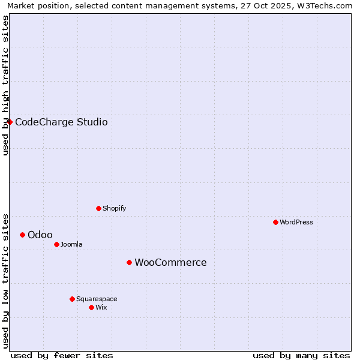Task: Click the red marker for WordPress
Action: coord(275,222)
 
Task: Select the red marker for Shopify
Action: coord(98,208)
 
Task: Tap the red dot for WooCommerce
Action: coord(129,262)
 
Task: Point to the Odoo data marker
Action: coord(22,235)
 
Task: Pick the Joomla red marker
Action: coord(56,244)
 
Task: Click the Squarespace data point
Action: coord(72,299)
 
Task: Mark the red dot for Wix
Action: coord(91,307)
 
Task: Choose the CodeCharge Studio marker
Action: coord(10,122)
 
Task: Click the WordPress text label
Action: coord(296,222)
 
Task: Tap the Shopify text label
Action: coord(115,208)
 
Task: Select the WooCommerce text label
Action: coord(170,262)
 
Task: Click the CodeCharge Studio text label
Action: coord(61,122)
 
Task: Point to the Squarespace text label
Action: coord(97,299)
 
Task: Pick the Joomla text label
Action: coord(71,244)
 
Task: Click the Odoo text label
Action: coord(40,235)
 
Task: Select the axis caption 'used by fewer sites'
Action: coord(62,355)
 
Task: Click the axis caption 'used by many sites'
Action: coord(301,355)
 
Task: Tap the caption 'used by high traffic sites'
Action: coord(5,85)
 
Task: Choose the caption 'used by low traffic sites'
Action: coord(5,280)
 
